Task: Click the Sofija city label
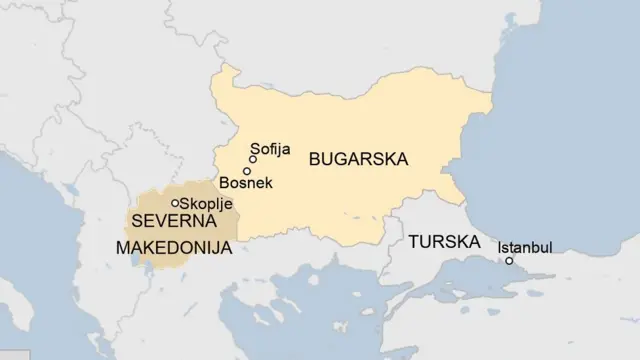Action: click(270, 149)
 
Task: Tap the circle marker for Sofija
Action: click(253, 159)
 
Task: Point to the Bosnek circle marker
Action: click(247, 171)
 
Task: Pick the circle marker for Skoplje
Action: click(176, 203)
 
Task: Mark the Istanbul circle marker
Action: click(509, 261)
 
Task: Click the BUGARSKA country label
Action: click(362, 158)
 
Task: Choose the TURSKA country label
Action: click(442, 243)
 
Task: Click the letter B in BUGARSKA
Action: click(315, 158)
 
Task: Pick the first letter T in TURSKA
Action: click(412, 243)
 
